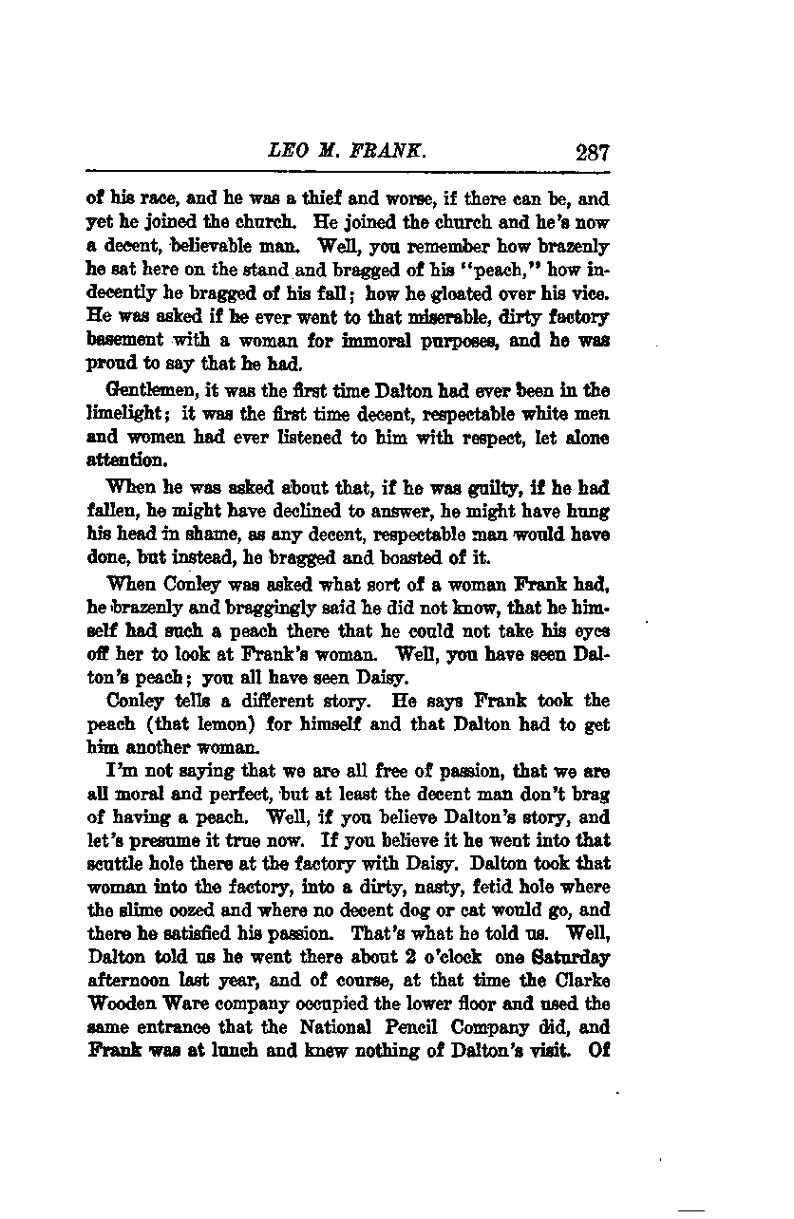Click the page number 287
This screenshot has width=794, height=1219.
click(x=591, y=152)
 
